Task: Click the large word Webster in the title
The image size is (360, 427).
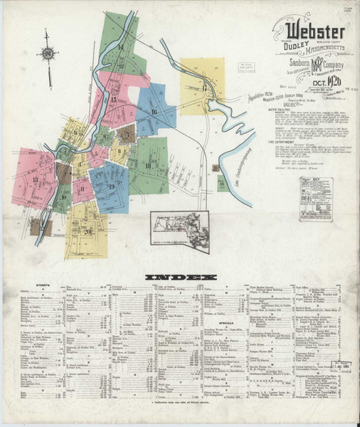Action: coord(316,32)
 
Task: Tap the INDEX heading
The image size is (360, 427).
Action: coord(179,275)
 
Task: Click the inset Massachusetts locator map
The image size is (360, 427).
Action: coord(179,231)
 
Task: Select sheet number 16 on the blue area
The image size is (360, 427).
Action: coord(154,112)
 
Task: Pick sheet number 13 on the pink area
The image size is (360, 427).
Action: coord(36,179)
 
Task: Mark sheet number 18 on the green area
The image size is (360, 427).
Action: coord(147,166)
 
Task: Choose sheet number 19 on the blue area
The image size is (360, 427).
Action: coord(112,186)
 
